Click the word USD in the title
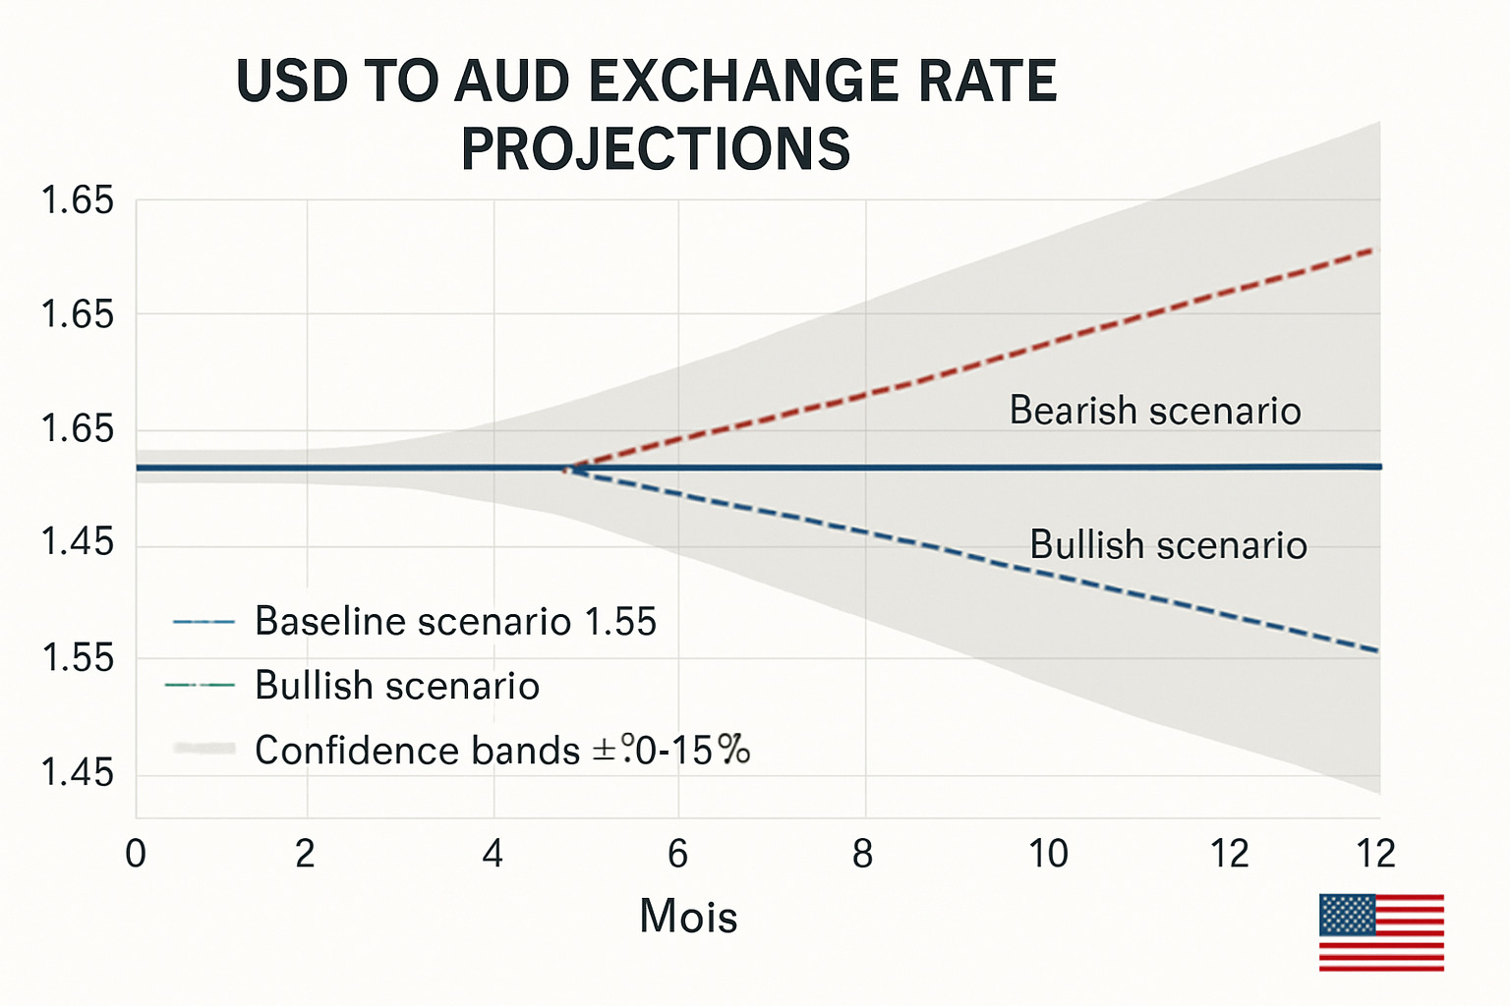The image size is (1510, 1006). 292,82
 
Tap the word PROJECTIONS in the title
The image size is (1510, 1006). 656,149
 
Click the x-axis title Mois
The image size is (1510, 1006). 688,917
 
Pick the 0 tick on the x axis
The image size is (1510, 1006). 136,854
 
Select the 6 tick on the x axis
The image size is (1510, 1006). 677,854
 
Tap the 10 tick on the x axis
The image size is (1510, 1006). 1048,854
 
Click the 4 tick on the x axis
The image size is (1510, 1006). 493,854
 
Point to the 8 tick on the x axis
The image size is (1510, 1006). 862,854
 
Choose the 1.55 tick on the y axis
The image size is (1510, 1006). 78,658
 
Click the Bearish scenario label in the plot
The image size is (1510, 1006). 1155,411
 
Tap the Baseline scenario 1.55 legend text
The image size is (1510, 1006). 455,622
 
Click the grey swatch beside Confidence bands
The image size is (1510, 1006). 203,749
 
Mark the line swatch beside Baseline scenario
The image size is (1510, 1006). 203,622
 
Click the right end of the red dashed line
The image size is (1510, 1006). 1376,250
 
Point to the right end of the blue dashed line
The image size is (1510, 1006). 1376,650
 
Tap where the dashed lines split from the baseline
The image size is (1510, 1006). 568,469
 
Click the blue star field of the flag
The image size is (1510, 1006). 1346,915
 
